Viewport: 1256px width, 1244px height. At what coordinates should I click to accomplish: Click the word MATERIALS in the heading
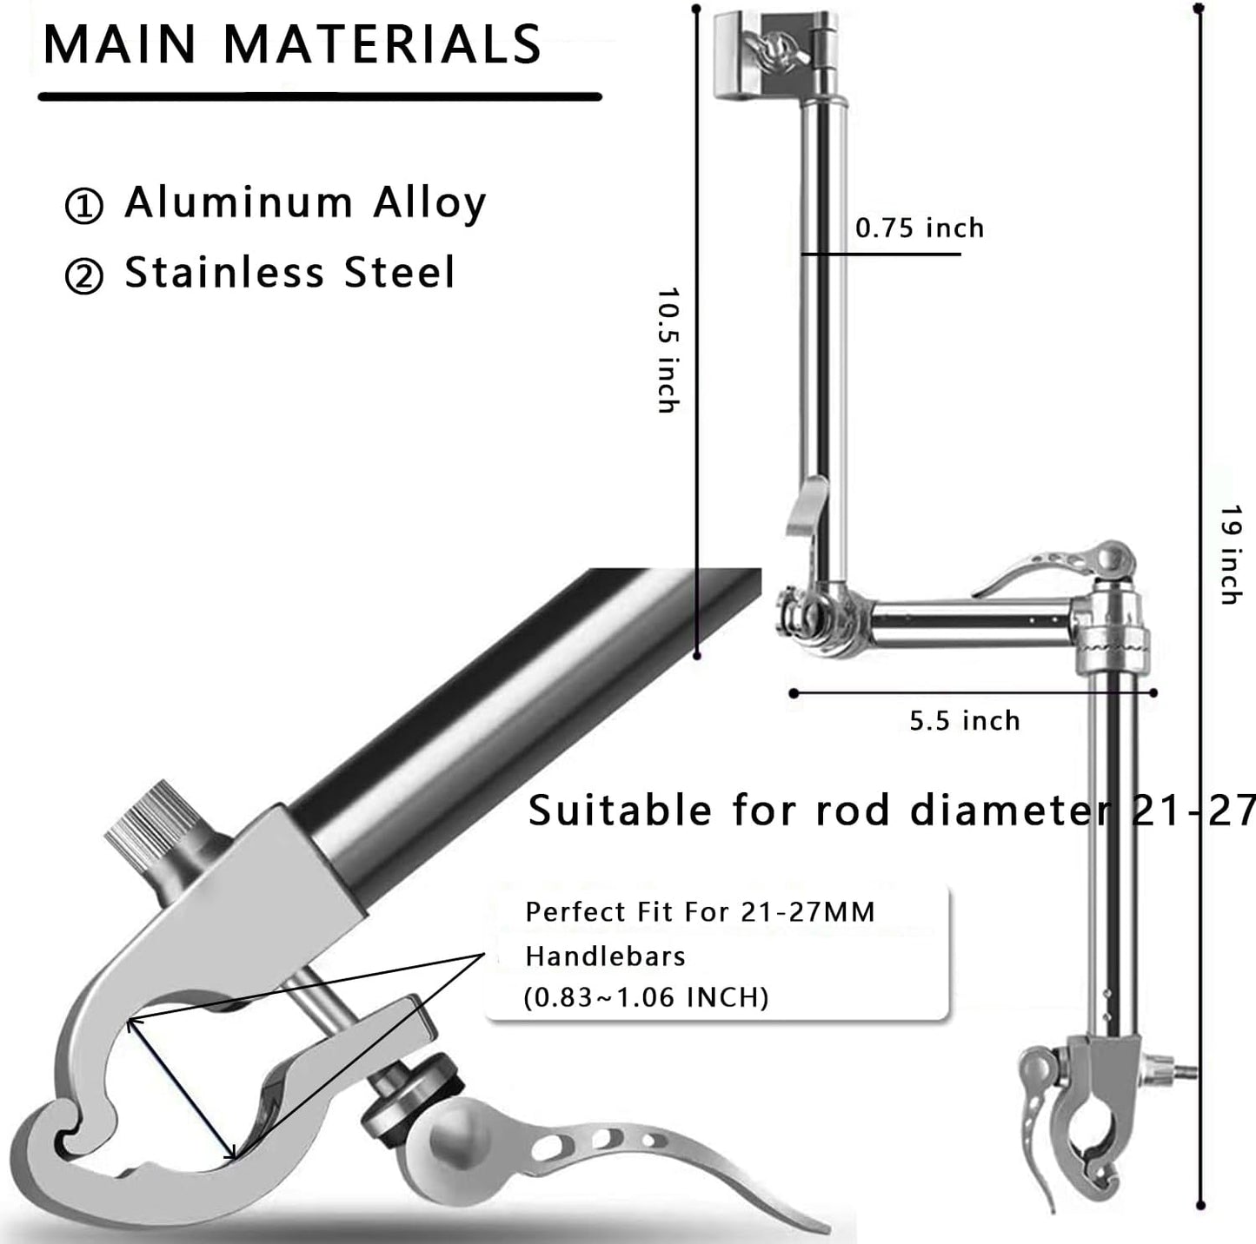(382, 44)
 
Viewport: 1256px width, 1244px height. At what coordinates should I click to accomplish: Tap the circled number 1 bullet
(84, 206)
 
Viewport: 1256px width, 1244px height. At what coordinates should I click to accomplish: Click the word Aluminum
(238, 202)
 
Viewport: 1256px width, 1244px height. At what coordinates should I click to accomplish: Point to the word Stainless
(224, 273)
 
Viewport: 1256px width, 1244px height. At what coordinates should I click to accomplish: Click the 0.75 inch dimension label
(920, 228)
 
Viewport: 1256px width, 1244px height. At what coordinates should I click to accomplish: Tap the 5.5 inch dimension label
(965, 720)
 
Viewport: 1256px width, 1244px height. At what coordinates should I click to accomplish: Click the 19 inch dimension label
(1230, 555)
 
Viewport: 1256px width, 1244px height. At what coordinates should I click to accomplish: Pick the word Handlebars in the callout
(605, 956)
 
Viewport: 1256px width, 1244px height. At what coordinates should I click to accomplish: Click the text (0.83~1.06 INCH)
(646, 996)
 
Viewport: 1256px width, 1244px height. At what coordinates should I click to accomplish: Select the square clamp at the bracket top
(748, 56)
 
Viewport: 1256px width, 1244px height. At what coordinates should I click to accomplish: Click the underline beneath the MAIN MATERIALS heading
(319, 96)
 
